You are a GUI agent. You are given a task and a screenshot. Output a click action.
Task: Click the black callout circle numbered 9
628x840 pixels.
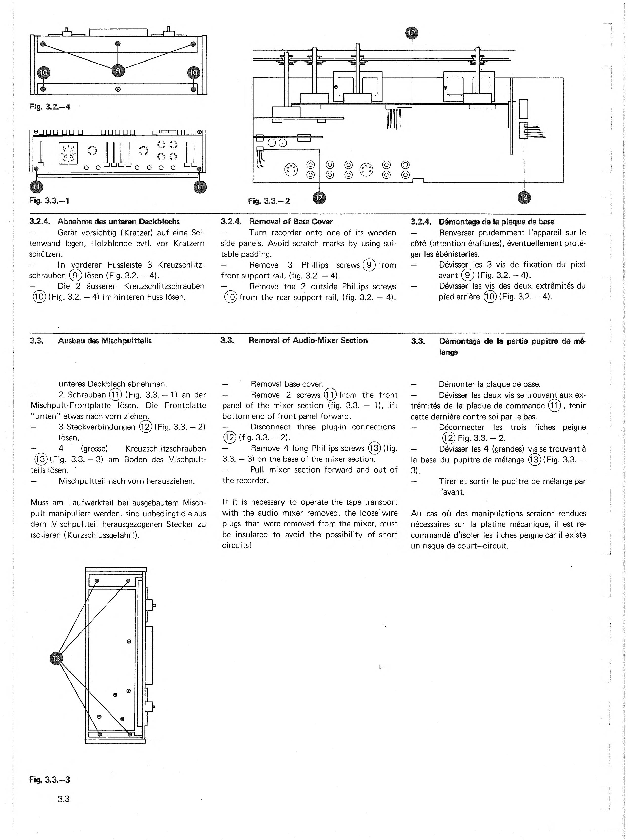tap(118, 70)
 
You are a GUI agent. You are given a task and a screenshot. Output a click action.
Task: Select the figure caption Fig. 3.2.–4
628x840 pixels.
tap(50, 107)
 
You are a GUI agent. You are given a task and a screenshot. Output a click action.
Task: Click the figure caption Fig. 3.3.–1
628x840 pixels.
tap(49, 200)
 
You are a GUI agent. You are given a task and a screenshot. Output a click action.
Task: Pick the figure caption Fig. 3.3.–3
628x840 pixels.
tap(50, 780)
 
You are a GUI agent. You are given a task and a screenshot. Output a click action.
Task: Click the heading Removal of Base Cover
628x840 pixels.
tap(291, 222)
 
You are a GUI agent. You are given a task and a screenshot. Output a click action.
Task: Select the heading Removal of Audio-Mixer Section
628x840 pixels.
tap(308, 340)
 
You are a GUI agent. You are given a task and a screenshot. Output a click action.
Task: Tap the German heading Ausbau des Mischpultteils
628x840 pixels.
tap(105, 341)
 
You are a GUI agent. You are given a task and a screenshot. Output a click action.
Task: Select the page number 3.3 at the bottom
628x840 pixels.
tap(63, 798)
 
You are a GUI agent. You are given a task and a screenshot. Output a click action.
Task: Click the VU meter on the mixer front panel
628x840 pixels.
tap(68, 153)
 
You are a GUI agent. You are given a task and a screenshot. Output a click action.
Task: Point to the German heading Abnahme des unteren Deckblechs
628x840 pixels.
tap(118, 222)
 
